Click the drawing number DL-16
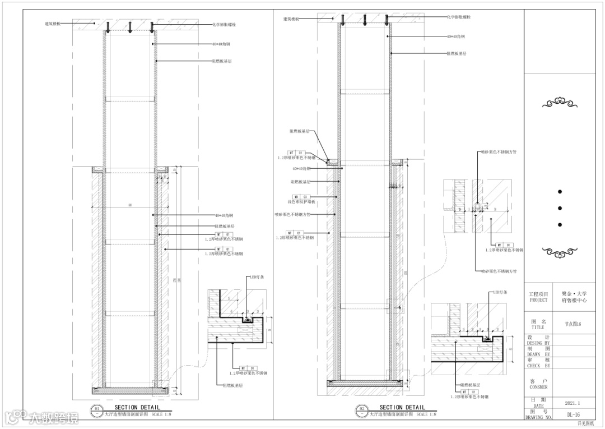point(573,415)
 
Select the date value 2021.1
point(573,403)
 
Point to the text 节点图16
point(573,324)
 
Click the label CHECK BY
point(538,366)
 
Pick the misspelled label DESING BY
point(538,343)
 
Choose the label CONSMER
point(538,387)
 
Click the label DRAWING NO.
point(538,418)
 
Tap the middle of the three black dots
point(560,208)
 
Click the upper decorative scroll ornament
point(560,103)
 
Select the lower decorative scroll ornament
point(560,252)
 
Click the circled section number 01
point(97,408)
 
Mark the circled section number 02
point(362,408)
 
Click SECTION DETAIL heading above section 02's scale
point(402,408)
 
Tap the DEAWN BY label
point(538,354)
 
